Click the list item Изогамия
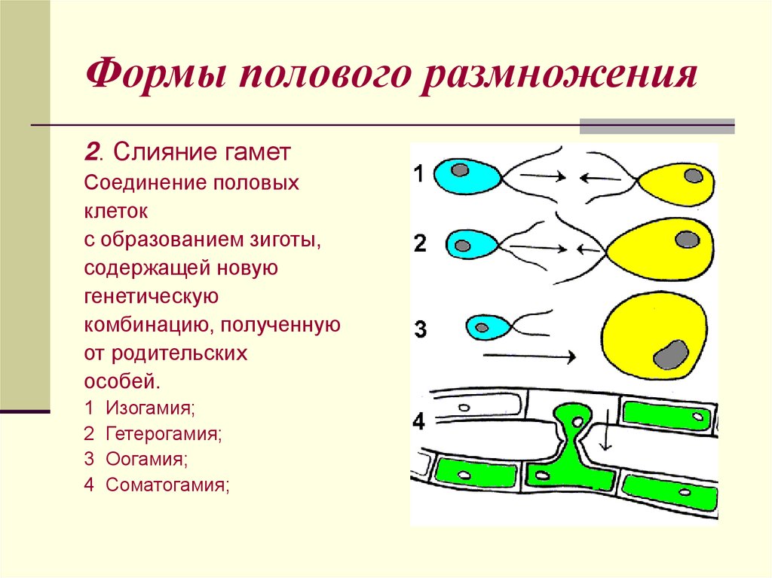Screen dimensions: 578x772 pos(150,408)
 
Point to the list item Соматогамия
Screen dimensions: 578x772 pos(167,485)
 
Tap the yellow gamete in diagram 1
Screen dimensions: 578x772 pos(675,184)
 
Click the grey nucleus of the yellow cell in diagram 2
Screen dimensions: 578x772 pos(687,240)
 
